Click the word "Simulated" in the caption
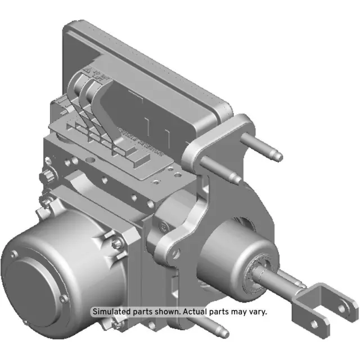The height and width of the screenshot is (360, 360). point(111,312)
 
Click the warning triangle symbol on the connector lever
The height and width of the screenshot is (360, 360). point(89,71)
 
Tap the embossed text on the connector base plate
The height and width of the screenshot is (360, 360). point(141,141)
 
